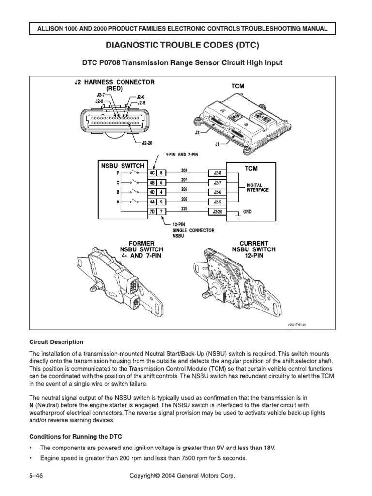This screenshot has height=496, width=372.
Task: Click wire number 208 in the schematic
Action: [185, 170]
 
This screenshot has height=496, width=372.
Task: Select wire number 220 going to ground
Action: [185, 209]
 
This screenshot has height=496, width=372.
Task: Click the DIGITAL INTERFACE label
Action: [257, 187]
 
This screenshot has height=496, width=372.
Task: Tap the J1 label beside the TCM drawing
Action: [217, 144]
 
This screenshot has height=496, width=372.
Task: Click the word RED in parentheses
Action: [114, 89]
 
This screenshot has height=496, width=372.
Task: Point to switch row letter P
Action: [118, 173]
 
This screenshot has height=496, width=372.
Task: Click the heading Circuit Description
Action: [56, 342]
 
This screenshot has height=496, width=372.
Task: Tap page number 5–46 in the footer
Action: [37, 476]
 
